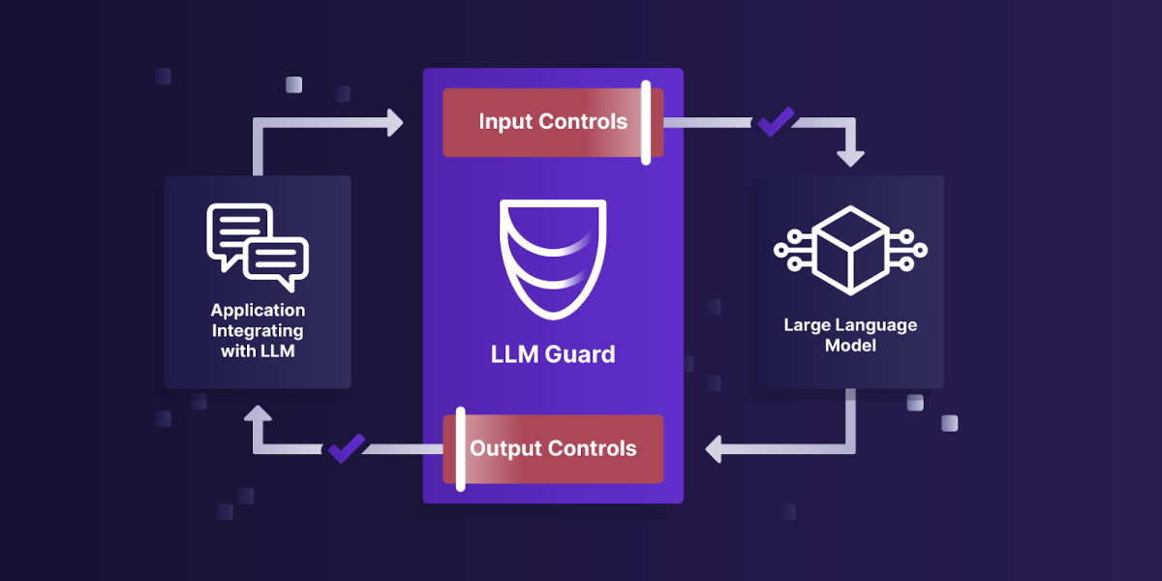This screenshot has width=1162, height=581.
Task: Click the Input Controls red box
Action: (x=553, y=123)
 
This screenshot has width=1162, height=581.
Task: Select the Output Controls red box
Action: (x=553, y=449)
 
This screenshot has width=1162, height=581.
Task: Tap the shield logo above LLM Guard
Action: (x=553, y=260)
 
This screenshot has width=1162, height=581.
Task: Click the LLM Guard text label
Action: (x=553, y=354)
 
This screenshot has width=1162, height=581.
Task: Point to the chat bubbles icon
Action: (x=258, y=248)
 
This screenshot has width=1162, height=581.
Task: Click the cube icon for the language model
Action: (x=850, y=249)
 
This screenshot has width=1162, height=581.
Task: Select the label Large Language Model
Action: (x=850, y=335)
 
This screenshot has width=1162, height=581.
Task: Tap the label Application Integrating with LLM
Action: (x=258, y=331)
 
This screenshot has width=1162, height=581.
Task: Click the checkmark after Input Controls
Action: (x=775, y=121)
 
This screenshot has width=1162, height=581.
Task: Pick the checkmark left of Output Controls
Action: (x=346, y=447)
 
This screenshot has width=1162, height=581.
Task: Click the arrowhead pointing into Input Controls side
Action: (x=392, y=122)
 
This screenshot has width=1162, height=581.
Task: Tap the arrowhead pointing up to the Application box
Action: (x=258, y=416)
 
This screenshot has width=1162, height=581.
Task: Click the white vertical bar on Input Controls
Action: (x=646, y=123)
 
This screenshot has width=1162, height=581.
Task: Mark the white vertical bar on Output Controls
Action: (x=461, y=449)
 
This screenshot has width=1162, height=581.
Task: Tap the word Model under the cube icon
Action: (x=850, y=346)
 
